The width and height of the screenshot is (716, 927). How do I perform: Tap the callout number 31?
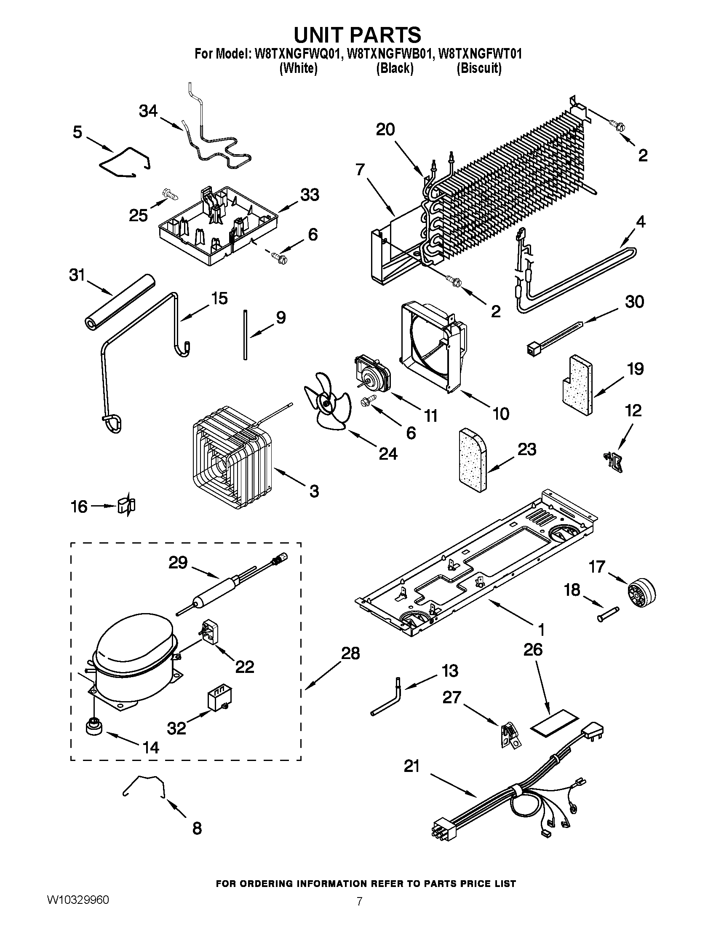click(77, 276)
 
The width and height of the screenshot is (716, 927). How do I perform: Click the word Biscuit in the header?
click(479, 68)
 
